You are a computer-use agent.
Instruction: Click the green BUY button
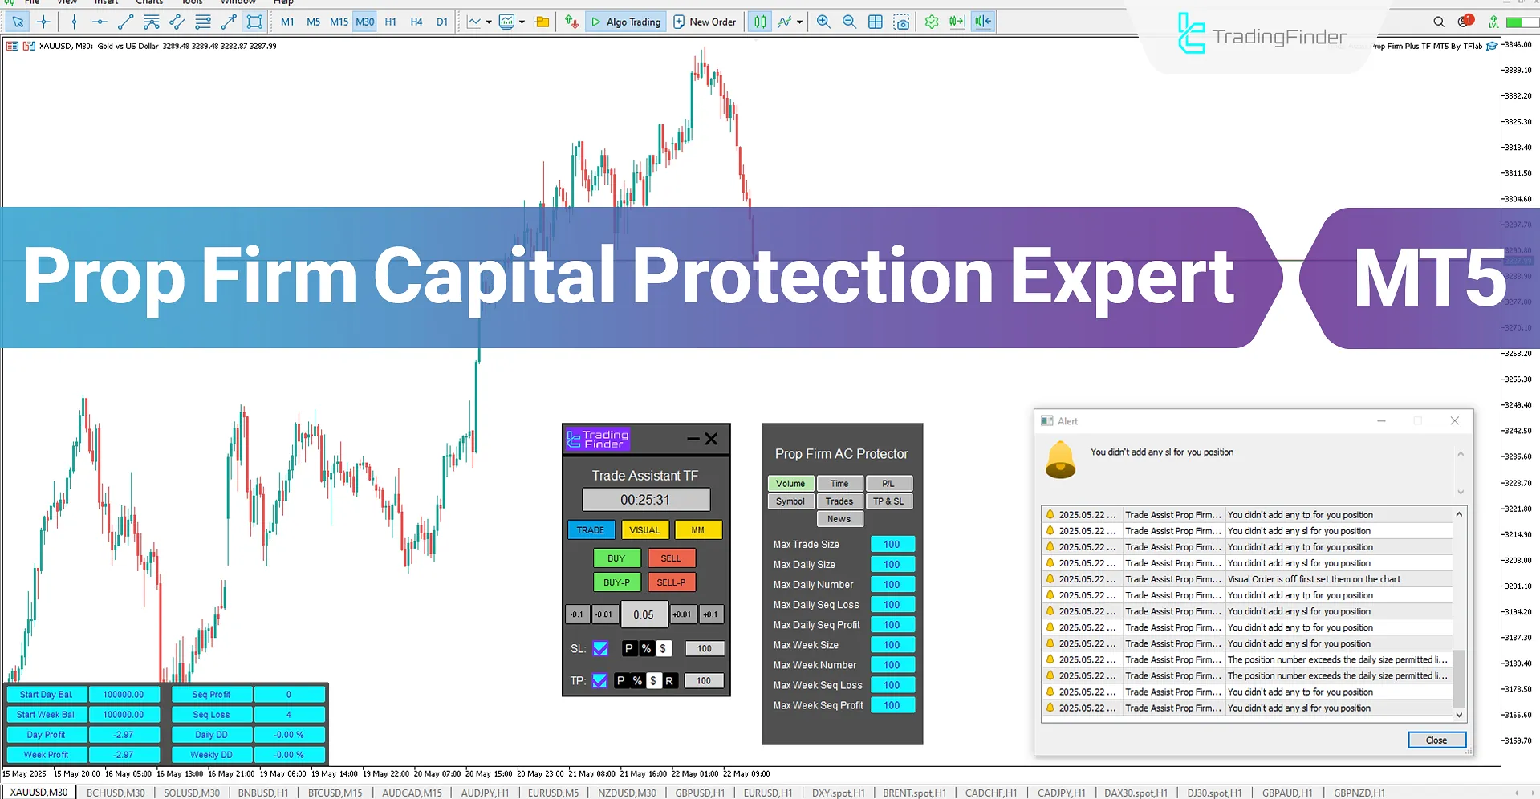click(x=616, y=558)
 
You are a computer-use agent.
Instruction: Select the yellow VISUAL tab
click(x=644, y=530)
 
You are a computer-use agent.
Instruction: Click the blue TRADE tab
click(x=591, y=530)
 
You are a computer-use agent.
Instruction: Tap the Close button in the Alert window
click(x=1436, y=740)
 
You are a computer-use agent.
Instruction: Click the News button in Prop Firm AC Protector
click(x=839, y=519)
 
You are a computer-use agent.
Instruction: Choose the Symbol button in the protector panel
click(x=790, y=501)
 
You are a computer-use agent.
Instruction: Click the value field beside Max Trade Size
click(x=892, y=545)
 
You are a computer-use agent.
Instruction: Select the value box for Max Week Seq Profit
click(x=892, y=705)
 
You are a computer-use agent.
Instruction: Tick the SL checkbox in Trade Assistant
click(x=600, y=648)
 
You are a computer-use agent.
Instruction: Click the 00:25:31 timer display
click(x=645, y=500)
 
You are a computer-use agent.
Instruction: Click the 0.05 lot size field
click(x=644, y=615)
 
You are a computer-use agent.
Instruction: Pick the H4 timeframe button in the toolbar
click(x=416, y=22)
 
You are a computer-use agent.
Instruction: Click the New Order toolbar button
click(x=705, y=22)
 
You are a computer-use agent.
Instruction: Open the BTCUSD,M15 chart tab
click(x=335, y=793)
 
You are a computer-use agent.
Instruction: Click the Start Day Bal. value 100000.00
click(x=124, y=695)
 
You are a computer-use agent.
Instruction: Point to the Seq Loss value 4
click(x=289, y=715)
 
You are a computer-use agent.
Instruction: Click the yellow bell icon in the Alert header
click(x=1060, y=460)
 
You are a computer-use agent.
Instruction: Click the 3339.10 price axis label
click(x=1517, y=71)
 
